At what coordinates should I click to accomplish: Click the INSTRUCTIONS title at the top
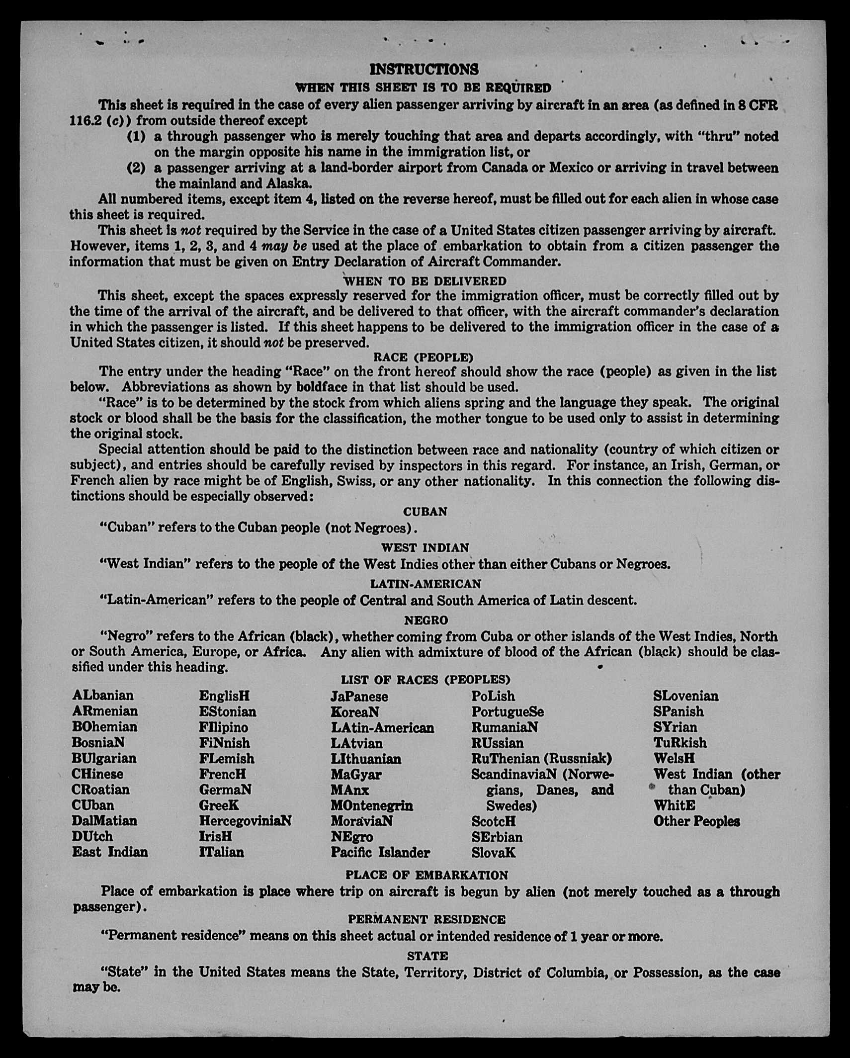point(424,69)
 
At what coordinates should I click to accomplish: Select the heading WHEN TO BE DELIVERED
point(425,281)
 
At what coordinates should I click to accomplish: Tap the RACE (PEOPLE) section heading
point(424,357)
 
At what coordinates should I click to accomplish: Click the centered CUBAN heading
point(425,512)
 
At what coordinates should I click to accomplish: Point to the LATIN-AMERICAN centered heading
point(425,584)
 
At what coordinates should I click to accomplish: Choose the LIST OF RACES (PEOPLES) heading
point(425,680)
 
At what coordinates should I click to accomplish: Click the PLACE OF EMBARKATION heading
point(426,875)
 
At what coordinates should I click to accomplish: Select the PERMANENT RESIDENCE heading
point(426,919)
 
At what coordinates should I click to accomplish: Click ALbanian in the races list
point(103,695)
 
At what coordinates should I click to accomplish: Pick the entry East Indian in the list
point(110,852)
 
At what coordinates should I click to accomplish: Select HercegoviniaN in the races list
point(245,821)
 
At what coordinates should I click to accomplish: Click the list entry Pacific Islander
point(380,853)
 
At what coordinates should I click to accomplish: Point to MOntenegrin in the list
point(372,805)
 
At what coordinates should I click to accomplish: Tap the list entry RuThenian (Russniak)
point(541,758)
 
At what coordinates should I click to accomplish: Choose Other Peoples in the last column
point(696,821)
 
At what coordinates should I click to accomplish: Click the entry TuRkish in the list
point(680,743)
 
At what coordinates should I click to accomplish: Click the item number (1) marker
point(136,136)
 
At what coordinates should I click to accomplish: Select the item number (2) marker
point(136,168)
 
